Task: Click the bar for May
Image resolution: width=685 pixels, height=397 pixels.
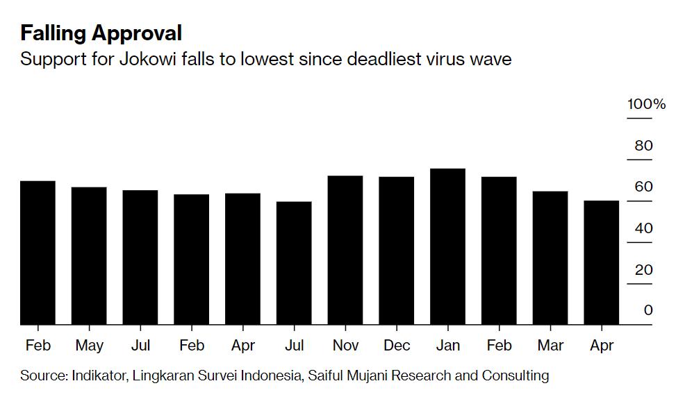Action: coord(89,255)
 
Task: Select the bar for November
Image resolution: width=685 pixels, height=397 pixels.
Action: coord(345,250)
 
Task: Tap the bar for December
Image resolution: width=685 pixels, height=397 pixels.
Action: coord(396,251)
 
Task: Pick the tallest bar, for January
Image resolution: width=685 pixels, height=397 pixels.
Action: coord(447,246)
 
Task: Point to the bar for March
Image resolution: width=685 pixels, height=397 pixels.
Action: coord(550,257)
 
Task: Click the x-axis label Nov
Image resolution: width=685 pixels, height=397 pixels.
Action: coord(345,345)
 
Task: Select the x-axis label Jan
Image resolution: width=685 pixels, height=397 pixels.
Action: coord(447,345)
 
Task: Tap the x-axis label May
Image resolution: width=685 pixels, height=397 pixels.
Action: coord(89,345)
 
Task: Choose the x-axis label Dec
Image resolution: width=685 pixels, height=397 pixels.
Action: coord(396,345)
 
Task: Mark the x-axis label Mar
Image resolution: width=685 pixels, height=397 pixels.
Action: coord(550,345)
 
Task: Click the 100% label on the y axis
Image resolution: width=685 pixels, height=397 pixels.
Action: coord(646,105)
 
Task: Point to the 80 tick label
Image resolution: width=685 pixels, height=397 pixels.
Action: coord(644,146)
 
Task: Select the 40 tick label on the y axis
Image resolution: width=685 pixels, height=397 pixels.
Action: coord(644,228)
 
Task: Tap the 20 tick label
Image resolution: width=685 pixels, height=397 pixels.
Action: coord(644,269)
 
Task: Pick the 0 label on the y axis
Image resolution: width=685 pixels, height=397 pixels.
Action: coord(648,310)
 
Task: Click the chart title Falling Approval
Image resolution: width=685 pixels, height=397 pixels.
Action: coord(101,33)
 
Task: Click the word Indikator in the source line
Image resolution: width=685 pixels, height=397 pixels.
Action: coord(98,375)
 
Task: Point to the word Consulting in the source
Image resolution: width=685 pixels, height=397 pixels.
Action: coord(514,375)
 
